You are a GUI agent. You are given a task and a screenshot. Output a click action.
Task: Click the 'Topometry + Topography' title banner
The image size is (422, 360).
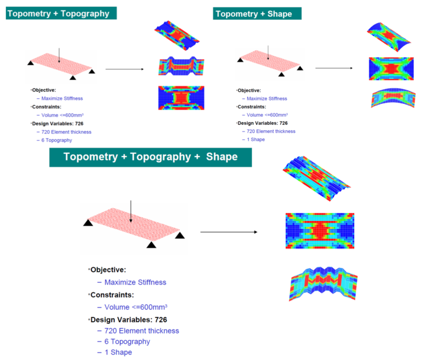pos(61,13)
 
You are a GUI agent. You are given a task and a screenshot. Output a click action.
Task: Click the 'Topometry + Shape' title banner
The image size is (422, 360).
pos(257,14)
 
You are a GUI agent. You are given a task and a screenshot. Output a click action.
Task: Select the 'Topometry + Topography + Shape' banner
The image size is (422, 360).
pos(151,157)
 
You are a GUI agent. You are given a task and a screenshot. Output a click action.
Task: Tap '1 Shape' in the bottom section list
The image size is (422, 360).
pos(118,352)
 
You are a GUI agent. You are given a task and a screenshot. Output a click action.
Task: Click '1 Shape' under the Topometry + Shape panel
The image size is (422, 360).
pos(256,140)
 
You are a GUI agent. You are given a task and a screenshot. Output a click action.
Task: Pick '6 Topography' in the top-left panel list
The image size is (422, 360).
pos(57,140)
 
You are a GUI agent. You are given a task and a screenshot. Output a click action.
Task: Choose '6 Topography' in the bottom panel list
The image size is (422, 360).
pos(127,342)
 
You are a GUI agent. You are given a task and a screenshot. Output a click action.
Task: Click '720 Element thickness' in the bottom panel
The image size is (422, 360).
pos(142,331)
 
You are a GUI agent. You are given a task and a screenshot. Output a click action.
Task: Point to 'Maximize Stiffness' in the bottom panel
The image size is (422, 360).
pos(135,282)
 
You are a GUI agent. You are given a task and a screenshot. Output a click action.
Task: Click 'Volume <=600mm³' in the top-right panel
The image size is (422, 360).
pos(267,115)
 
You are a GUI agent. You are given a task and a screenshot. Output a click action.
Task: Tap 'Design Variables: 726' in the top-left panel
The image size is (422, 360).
pos(58,123)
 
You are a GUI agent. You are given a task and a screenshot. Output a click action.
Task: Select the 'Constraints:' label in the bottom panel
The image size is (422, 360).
pos(112,295)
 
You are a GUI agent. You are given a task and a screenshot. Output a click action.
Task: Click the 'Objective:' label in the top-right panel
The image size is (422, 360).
pos(249,90)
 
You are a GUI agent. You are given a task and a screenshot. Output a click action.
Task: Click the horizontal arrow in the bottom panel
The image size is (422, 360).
pos(229,232)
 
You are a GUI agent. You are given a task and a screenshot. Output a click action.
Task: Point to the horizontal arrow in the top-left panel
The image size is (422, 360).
pos(124,69)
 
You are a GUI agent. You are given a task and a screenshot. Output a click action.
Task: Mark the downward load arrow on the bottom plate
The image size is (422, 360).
pos(131,211)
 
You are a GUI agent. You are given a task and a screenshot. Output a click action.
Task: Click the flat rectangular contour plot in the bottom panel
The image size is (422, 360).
pos(320,231)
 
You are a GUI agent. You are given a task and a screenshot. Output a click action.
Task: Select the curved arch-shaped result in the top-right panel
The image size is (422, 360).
pos(393,98)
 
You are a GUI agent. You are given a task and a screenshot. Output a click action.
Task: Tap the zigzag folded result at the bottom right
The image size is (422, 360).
pos(323,284)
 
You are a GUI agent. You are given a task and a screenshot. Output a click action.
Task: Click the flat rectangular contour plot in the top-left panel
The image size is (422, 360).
pos(181,98)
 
